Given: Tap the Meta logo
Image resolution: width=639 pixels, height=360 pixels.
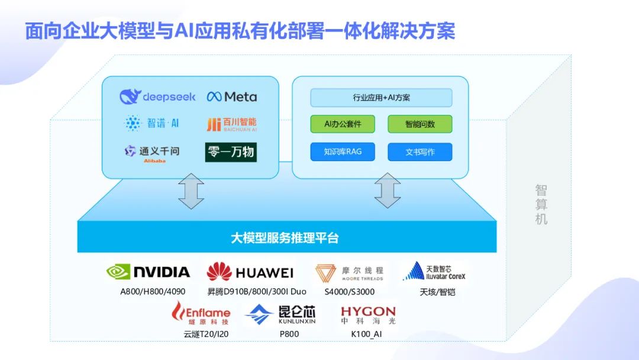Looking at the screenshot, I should pyautogui.click(x=232, y=97).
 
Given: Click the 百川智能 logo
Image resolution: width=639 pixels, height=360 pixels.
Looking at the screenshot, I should pyautogui.click(x=231, y=124).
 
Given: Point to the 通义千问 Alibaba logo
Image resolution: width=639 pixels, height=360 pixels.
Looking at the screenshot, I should pyautogui.click(x=151, y=152).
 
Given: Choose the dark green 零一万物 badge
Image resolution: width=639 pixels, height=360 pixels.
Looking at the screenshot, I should pyautogui.click(x=231, y=152).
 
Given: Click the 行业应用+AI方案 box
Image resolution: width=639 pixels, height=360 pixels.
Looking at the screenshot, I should pyautogui.click(x=381, y=98).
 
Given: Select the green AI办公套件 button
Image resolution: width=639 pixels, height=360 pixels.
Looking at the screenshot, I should pyautogui.click(x=343, y=124).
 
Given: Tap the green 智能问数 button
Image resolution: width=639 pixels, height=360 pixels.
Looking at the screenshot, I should pyautogui.click(x=420, y=124).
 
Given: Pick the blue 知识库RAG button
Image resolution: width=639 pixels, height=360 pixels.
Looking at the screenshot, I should pyautogui.click(x=343, y=152).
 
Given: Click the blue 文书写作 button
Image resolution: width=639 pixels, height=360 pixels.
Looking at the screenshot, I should pyautogui.click(x=420, y=152).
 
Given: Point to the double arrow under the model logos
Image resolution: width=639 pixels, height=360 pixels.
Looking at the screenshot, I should pyautogui.click(x=191, y=191).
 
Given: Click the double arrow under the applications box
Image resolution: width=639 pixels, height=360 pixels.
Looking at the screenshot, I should pyautogui.click(x=388, y=191).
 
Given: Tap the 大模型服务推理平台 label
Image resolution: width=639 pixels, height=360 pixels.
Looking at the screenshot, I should pyautogui.click(x=285, y=239).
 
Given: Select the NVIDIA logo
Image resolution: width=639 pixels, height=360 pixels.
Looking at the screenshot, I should pyautogui.click(x=148, y=272).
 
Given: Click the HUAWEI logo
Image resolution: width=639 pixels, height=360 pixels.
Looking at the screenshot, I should pyautogui.click(x=250, y=272).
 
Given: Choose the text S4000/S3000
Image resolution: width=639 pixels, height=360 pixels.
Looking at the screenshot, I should pyautogui.click(x=349, y=292).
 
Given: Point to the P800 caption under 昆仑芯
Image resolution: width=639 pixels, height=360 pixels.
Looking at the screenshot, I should pyautogui.click(x=289, y=334).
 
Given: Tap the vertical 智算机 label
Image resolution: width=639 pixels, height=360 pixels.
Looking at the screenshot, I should pyautogui.click(x=541, y=204).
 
